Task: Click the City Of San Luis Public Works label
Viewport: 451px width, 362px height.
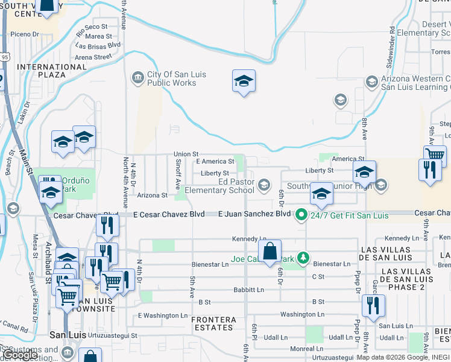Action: [x=172, y=79]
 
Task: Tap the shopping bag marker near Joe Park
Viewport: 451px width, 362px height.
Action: [x=270, y=250]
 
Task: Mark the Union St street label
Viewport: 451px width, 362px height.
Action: [x=186, y=155]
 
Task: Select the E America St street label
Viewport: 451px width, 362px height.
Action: [x=215, y=162]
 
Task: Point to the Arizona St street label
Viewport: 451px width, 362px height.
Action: [x=152, y=195]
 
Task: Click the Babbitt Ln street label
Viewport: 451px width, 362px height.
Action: [x=249, y=290]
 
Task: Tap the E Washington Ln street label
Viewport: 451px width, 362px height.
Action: [x=163, y=316]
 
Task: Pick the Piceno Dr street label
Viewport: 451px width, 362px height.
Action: [x=25, y=34]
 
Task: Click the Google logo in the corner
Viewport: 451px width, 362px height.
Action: [x=21, y=354]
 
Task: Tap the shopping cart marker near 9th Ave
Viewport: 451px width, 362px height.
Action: [x=434, y=156]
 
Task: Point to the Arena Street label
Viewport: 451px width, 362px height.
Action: [x=93, y=57]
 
